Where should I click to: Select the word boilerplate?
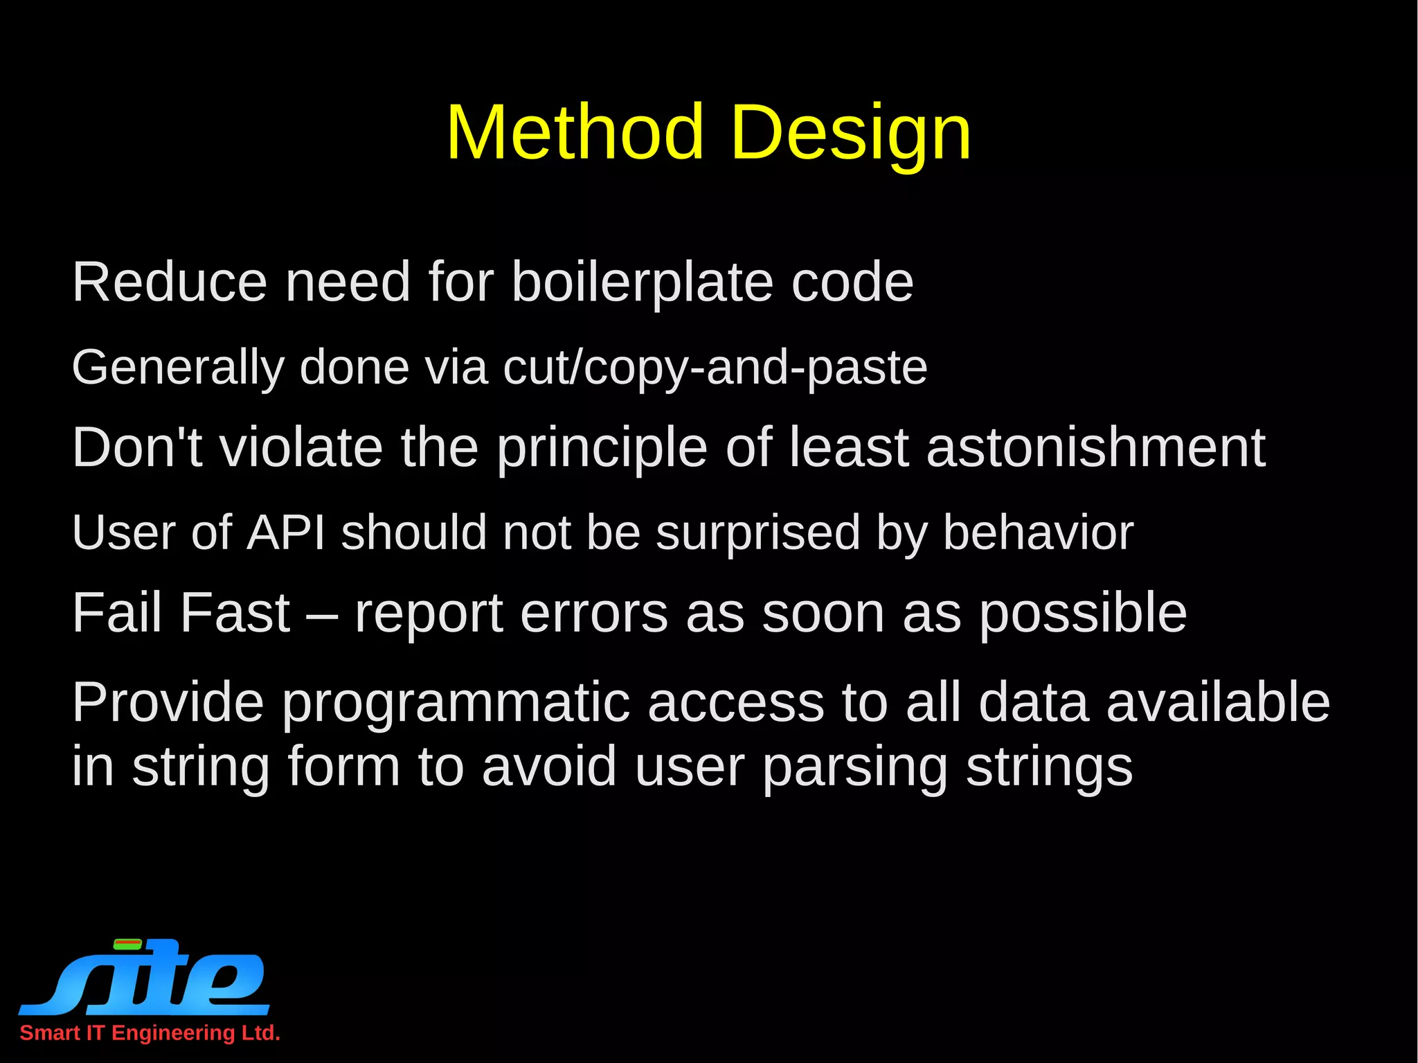tap(642, 283)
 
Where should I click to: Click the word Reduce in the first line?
tap(170, 283)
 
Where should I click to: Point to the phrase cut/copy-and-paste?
tap(715, 368)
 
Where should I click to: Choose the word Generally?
tap(178, 368)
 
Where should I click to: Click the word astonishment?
tap(1096, 447)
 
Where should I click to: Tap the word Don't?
tap(137, 447)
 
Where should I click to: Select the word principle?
tap(602, 449)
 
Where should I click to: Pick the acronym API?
tap(286, 532)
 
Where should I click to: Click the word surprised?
tap(757, 533)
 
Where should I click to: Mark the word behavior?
tap(1038, 532)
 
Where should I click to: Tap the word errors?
tap(593, 614)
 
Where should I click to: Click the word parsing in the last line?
tap(854, 767)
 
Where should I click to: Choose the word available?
tap(1218, 702)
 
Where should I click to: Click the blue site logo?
tap(144, 976)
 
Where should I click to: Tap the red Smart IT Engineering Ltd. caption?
tap(150, 1033)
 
